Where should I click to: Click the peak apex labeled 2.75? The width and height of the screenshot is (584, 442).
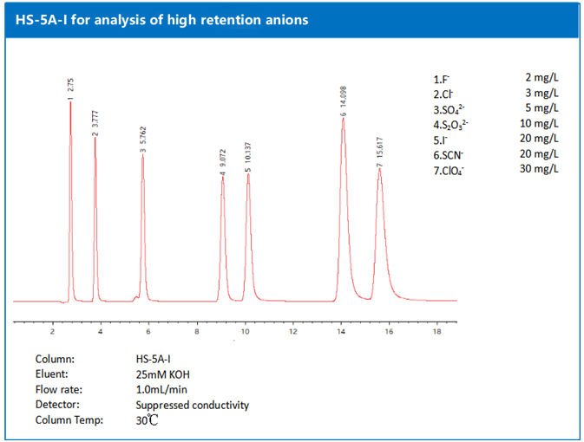71,103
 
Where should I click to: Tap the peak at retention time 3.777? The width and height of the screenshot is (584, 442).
95,137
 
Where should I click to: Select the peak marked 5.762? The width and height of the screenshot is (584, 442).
143,155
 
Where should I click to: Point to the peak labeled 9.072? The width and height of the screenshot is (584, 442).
223,178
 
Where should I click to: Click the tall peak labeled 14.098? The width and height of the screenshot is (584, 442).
344,119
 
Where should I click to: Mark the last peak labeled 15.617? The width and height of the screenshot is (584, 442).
380,169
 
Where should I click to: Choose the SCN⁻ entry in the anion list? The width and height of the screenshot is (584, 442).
449,154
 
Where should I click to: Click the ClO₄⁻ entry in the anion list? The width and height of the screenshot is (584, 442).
449,169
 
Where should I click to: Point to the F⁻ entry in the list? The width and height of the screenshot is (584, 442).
442,79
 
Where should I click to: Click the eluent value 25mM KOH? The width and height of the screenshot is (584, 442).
161,374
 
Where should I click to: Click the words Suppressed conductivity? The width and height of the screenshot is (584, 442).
192,405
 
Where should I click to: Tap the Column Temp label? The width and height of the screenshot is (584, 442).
69,420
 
